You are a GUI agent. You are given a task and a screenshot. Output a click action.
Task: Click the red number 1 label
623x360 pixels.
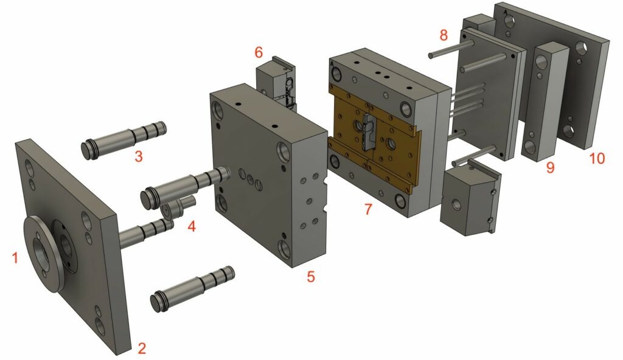click(x=15, y=258)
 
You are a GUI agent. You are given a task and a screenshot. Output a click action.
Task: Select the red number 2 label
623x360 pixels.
click(x=142, y=348)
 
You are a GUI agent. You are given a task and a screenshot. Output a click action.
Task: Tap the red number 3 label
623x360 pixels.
click(x=138, y=156)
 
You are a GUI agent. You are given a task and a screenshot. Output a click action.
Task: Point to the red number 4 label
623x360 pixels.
click(x=192, y=227)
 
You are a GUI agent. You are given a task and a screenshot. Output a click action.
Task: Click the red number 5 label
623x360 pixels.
click(x=311, y=277)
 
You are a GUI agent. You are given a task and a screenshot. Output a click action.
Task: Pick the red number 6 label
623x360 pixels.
click(x=259, y=52)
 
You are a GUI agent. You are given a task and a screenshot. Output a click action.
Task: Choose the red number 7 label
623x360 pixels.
click(x=368, y=209)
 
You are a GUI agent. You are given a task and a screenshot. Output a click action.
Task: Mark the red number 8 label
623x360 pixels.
click(x=444, y=35)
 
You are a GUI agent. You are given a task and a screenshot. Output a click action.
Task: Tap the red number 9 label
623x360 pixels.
click(x=550, y=167)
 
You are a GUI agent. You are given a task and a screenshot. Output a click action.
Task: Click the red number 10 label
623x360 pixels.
click(x=597, y=159)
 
